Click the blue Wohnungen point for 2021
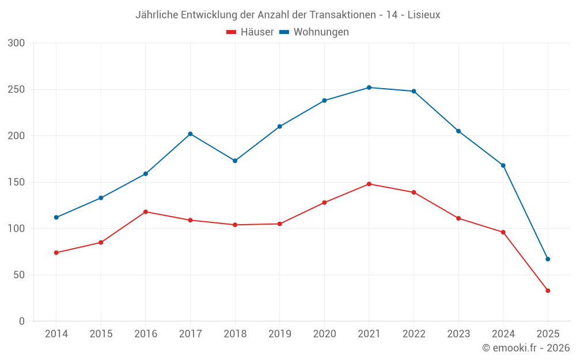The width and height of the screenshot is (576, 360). [369, 88]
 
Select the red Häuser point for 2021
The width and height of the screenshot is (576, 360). [369, 184]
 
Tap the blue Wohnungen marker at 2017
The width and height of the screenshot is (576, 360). [190, 134]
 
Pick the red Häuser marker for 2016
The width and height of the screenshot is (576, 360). [146, 212]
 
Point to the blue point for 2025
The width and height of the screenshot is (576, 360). [548, 259]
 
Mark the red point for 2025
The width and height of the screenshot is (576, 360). [548, 291]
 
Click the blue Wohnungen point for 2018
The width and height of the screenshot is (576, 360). [235, 161]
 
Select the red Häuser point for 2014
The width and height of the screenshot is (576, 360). [56, 253]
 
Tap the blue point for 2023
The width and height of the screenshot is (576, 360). [458, 131]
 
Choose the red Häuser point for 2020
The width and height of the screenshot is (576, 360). [324, 203]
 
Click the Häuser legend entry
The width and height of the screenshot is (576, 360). [250, 32]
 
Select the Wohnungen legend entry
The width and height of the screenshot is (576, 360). [314, 32]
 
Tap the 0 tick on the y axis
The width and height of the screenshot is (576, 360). [22, 321]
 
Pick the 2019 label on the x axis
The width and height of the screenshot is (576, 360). [279, 334]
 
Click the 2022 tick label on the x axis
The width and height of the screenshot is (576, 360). [414, 334]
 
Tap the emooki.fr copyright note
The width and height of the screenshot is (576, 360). [525, 348]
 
